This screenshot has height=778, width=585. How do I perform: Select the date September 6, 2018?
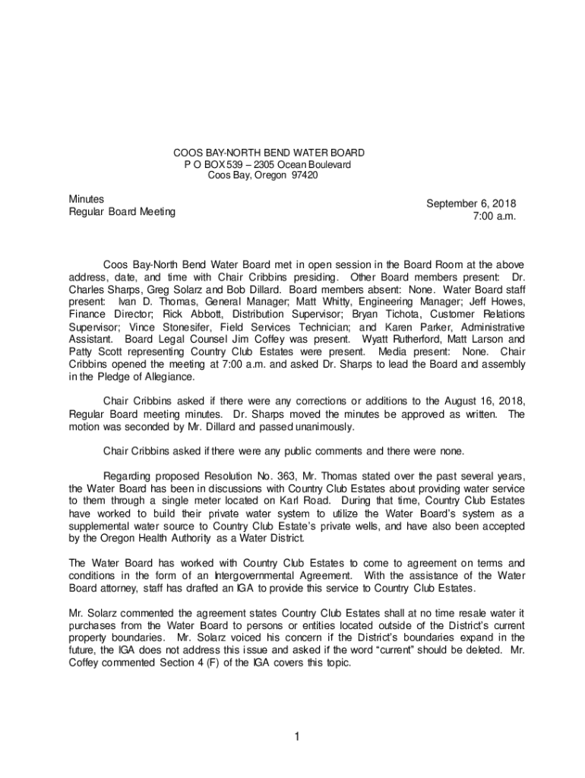[x=471, y=204]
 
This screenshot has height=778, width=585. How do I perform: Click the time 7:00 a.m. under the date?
[x=494, y=217]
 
